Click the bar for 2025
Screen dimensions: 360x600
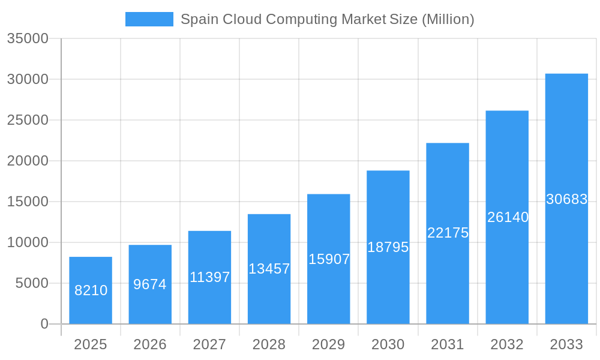[x=91, y=290]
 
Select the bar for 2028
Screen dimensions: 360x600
[x=269, y=269]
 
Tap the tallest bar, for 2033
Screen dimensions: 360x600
[x=566, y=199]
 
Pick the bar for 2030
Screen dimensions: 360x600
[x=388, y=247]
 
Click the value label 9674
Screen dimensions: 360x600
[x=150, y=284]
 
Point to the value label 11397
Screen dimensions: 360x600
[x=210, y=277]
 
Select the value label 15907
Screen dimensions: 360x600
[x=329, y=259]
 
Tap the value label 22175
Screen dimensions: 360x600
[x=448, y=233]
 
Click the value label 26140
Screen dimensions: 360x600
[x=508, y=217]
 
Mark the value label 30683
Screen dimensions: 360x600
[x=566, y=199]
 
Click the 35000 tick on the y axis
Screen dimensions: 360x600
[x=27, y=38]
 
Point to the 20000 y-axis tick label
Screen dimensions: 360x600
[x=27, y=161]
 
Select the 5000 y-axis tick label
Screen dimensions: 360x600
[x=32, y=283]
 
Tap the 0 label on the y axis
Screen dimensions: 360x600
[x=44, y=324]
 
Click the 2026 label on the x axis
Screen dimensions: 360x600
[x=150, y=344]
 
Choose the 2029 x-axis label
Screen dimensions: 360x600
[x=329, y=344]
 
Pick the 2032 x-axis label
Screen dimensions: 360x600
[x=507, y=344]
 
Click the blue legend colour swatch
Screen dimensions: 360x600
[x=149, y=19]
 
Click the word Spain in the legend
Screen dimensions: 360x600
[x=200, y=19]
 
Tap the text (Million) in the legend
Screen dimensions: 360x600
[x=448, y=19]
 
